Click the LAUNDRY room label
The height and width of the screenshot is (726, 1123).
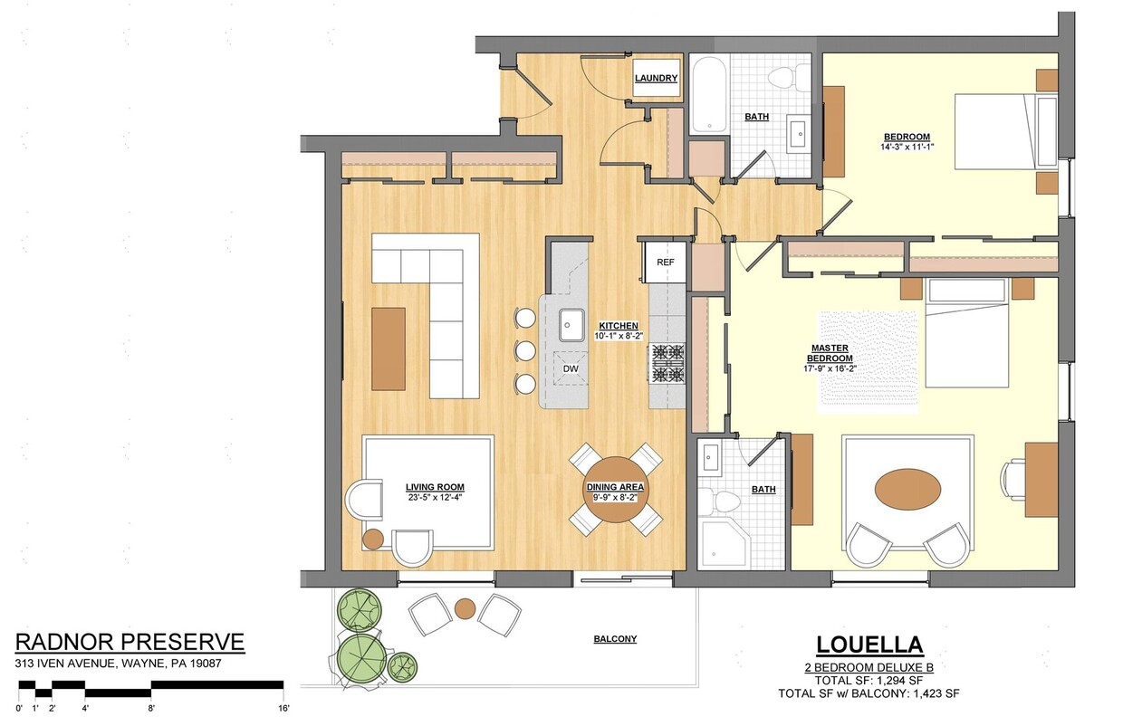(x=656, y=78)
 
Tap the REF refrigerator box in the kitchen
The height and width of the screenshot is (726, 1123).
(x=666, y=263)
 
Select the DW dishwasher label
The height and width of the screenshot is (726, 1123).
(x=570, y=369)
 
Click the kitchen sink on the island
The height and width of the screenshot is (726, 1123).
(x=571, y=321)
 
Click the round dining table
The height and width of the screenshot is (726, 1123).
(x=616, y=490)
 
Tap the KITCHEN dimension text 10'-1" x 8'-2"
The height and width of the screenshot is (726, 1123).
(x=618, y=336)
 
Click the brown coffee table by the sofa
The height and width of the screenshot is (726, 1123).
(x=388, y=349)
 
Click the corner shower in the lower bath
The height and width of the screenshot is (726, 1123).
(x=720, y=542)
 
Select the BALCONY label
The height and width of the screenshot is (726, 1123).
(x=615, y=639)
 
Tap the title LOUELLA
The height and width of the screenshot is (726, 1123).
(x=869, y=645)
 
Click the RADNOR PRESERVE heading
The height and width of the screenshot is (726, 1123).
(x=130, y=643)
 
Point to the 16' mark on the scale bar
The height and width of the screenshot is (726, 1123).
(x=283, y=708)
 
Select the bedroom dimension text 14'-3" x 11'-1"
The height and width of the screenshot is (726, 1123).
(x=907, y=147)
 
